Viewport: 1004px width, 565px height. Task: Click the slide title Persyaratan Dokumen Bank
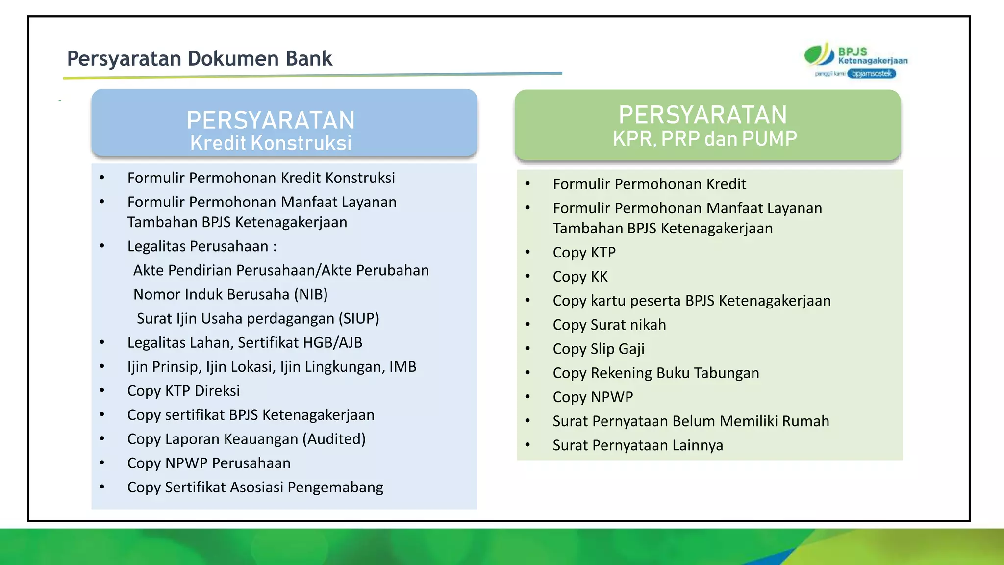[x=200, y=59]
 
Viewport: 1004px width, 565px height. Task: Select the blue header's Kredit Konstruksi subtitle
[x=271, y=143]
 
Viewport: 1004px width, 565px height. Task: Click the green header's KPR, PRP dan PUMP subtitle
[x=704, y=139]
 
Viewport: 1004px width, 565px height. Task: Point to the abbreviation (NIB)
[x=311, y=294]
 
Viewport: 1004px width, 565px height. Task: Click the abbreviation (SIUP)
[x=359, y=319]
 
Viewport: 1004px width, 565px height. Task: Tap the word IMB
[x=402, y=367]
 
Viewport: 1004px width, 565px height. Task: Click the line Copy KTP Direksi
[x=183, y=391]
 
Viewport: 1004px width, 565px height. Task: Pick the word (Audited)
[x=334, y=439]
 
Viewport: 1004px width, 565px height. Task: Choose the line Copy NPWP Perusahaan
[x=209, y=463]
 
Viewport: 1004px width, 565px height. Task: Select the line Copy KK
[x=580, y=277]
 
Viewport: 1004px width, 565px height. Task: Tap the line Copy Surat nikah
[x=609, y=325]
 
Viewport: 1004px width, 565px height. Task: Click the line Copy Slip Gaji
[x=599, y=349]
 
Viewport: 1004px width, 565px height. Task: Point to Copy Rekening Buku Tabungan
[x=656, y=373]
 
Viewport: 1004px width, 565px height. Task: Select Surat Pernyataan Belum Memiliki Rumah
[x=691, y=421]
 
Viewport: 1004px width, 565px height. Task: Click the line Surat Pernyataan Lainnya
[x=638, y=445]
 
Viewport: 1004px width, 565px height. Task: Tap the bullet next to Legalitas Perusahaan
[x=102, y=246]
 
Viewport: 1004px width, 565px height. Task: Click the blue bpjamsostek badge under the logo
[x=872, y=74]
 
